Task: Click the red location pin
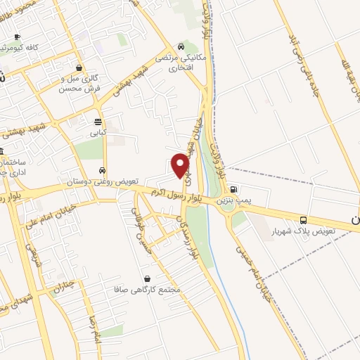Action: [x=181, y=165]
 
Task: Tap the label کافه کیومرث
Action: [x=25, y=47]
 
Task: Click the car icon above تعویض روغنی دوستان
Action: [x=103, y=171]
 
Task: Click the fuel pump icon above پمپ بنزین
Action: [x=233, y=189]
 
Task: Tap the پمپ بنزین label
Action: [x=233, y=200]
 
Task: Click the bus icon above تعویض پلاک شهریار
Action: [x=303, y=220]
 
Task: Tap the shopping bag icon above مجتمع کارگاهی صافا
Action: [x=146, y=278]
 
